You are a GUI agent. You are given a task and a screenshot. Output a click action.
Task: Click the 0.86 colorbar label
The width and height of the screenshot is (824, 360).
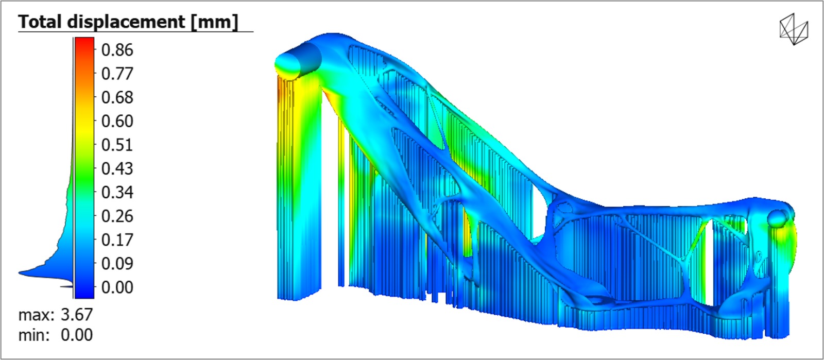point(117,50)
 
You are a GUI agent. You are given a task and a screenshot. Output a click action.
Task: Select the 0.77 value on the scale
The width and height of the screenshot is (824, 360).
point(117,74)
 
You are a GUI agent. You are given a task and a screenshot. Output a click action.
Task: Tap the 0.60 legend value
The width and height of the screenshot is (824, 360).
point(117,121)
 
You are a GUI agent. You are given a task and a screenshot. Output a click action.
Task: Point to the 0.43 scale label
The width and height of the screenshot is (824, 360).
point(117,168)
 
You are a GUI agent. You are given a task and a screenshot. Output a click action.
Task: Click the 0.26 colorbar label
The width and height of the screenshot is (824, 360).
point(117,216)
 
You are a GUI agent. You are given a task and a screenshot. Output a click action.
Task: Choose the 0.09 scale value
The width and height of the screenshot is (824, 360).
point(117,263)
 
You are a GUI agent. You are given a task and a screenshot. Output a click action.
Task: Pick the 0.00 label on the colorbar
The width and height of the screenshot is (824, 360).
point(117,287)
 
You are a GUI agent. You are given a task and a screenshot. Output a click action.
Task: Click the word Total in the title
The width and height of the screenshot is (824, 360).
point(41,22)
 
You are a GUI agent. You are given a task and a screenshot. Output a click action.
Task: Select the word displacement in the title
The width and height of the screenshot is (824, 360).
point(126,22)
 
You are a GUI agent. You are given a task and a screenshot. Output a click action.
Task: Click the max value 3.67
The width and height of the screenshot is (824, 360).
point(77,314)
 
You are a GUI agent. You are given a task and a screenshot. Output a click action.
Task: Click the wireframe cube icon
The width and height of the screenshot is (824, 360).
point(794,29)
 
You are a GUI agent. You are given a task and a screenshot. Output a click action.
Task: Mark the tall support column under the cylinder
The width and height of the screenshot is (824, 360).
point(299,196)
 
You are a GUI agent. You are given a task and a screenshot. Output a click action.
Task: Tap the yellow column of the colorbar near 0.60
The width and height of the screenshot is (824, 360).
point(84,121)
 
